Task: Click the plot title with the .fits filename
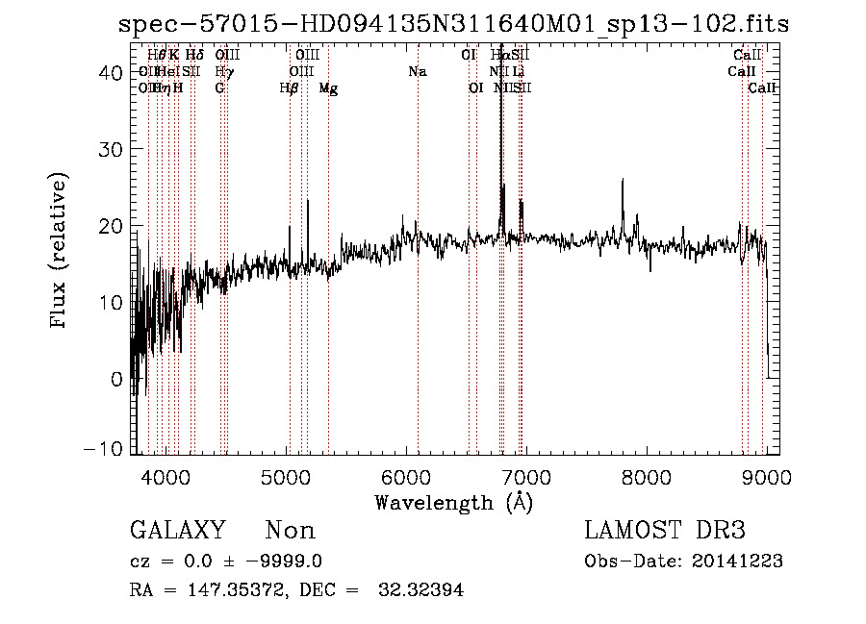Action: [x=452, y=24]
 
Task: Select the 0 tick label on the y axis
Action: [x=116, y=379]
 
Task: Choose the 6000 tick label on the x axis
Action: [x=406, y=476]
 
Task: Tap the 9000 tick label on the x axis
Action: [x=767, y=476]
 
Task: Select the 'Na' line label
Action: [x=417, y=71]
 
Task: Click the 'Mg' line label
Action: [x=328, y=88]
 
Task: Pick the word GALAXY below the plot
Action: [x=178, y=531]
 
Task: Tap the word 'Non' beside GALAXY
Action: [x=291, y=531]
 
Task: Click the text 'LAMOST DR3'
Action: [x=665, y=531]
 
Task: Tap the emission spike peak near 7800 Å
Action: [x=623, y=180]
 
